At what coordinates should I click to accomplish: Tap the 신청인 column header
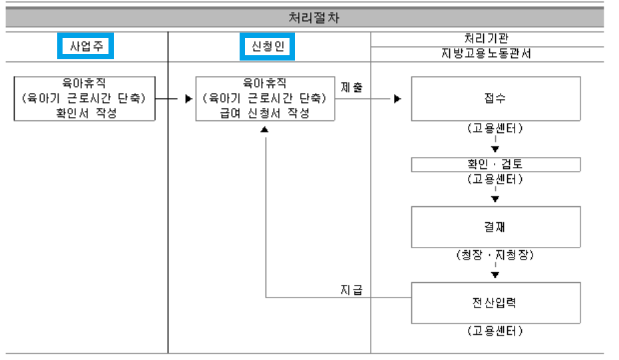click(267, 47)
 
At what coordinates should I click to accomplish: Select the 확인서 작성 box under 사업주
click(85, 98)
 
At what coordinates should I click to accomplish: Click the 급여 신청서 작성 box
click(266, 98)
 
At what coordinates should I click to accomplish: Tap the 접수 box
click(495, 98)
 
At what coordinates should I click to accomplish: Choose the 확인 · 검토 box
click(495, 164)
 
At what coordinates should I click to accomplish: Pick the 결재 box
click(495, 227)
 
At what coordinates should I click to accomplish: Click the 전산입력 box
click(495, 303)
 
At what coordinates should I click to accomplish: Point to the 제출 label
click(352, 88)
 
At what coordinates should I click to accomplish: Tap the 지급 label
click(351, 289)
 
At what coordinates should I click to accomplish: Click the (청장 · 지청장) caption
click(495, 255)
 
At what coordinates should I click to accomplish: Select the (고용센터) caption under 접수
click(495, 129)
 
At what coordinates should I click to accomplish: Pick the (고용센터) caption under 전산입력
click(495, 331)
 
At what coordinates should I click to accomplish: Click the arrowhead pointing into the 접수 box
click(397, 99)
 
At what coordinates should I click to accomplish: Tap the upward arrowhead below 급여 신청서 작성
click(265, 131)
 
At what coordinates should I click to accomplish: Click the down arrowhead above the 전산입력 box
click(495, 274)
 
